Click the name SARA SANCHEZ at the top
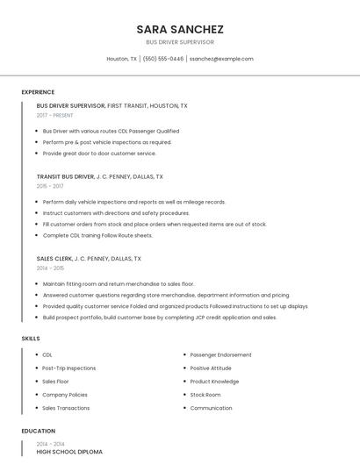point(179,29)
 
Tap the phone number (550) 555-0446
point(162,59)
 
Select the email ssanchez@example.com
point(221,59)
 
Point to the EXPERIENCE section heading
point(38,92)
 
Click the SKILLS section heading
point(31,338)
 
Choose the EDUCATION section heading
point(38,431)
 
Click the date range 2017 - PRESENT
point(54,115)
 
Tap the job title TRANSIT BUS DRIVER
point(65,176)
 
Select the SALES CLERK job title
point(54,259)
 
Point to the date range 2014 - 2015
point(50,268)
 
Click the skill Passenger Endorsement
point(220,354)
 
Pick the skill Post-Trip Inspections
point(68,368)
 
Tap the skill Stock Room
point(205,395)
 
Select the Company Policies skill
point(66,395)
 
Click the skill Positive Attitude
point(211,368)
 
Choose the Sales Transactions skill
point(66,408)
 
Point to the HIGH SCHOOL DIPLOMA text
point(69,451)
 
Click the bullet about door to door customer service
point(99,154)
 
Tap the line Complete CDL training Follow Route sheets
point(97,235)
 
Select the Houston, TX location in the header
point(121,59)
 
